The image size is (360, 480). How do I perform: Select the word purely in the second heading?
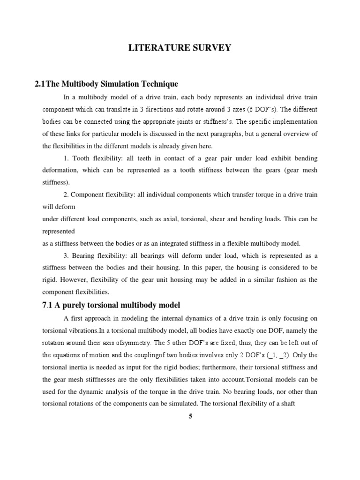coord(76,305)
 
